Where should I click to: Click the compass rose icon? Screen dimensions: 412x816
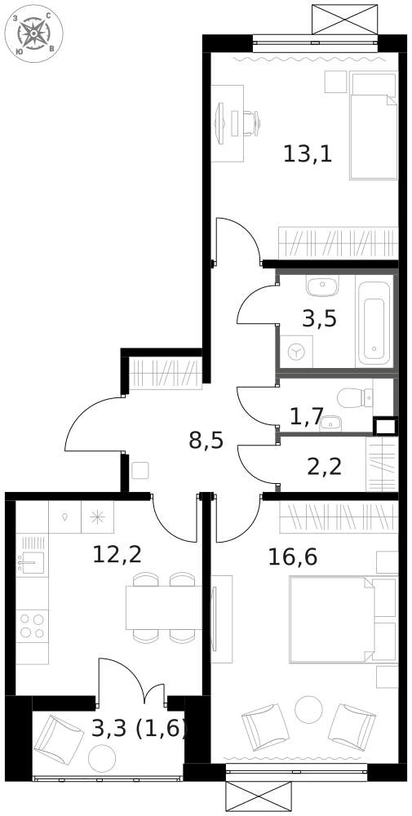(33, 33)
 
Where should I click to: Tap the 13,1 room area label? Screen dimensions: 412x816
(308, 154)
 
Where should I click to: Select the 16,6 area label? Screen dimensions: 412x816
(293, 557)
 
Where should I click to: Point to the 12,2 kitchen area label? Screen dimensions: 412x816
(117, 555)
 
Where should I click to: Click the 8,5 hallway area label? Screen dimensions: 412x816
(206, 441)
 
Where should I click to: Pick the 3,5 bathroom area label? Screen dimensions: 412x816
(320, 318)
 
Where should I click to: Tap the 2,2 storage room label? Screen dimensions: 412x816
(325, 467)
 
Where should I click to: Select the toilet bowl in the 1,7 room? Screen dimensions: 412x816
(355, 398)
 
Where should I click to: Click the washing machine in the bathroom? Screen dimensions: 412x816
(296, 352)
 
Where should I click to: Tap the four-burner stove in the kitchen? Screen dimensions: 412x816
(32, 626)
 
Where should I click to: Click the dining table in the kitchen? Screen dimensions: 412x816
(163, 607)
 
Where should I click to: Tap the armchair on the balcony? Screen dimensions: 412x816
(59, 739)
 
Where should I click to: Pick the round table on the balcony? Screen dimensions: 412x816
(102, 759)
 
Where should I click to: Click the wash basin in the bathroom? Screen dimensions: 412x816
(322, 286)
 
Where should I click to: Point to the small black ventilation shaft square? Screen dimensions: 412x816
(385, 426)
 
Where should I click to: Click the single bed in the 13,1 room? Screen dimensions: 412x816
(374, 126)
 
